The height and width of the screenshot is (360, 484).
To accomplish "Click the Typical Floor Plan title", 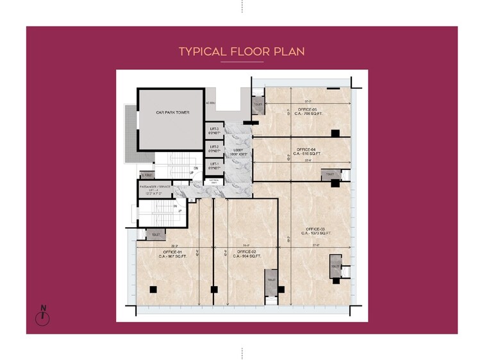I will pyautogui.click(x=242, y=51).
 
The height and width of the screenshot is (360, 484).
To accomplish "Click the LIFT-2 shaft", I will pyautogui.click(x=213, y=149).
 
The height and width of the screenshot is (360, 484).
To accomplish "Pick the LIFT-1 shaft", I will pyautogui.click(x=213, y=166).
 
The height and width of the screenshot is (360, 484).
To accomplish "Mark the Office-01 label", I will pyautogui.click(x=172, y=253).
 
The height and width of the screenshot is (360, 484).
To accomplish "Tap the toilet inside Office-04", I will pyautogui.click(x=330, y=175).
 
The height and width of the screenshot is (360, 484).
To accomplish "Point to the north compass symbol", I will pyautogui.click(x=43, y=316).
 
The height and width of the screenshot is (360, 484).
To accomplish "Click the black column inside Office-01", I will pyautogui.click(x=153, y=289).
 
